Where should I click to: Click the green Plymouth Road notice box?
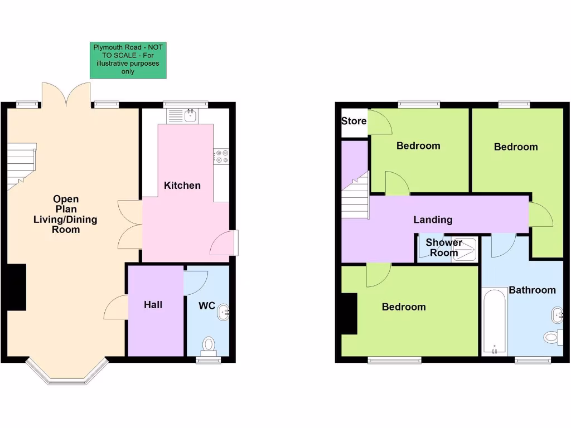coord(128,60)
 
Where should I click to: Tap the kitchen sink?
coord(183,116)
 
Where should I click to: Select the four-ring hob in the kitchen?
coord(221,157)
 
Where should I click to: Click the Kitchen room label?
coord(182,186)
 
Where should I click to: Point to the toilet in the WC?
coord(209,344)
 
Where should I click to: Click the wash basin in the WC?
coord(224,312)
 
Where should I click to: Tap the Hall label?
coord(153,305)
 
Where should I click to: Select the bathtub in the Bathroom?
coord(493,322)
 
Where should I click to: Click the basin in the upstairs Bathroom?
coord(557,315)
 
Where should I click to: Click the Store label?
coord(354,121)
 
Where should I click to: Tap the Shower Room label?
coord(444,247)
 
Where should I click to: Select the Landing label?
coord(433,220)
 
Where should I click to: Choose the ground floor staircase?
coord(22,165)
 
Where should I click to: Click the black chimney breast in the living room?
coord(16,286)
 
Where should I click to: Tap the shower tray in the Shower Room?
coord(467,249)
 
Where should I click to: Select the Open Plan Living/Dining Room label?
coord(65,214)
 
